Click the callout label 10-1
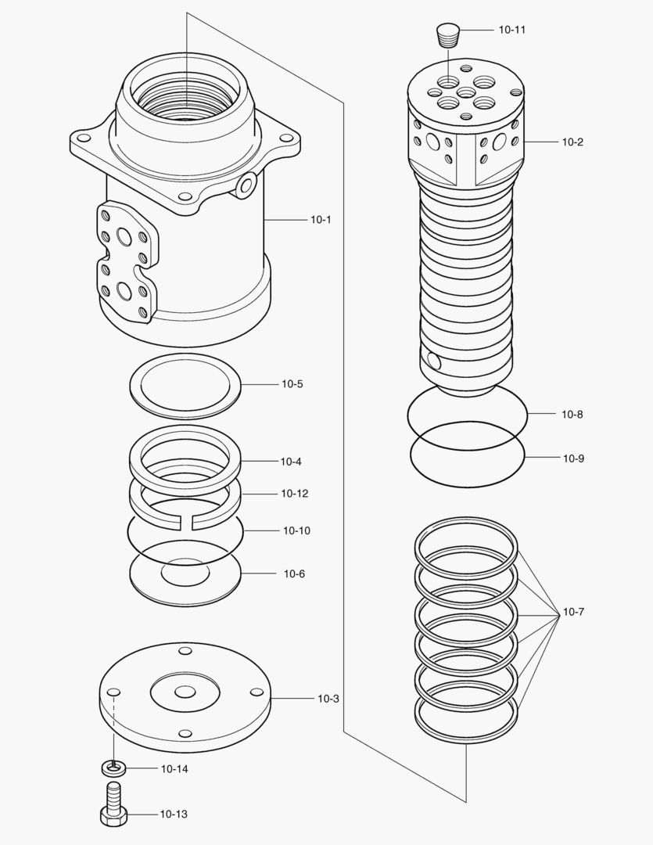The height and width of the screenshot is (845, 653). pos(321,220)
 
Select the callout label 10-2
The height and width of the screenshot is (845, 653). pos(572,142)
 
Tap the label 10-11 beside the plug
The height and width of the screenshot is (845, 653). pos(511,30)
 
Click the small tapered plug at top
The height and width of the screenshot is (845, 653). pos(448,35)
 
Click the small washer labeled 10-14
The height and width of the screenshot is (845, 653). pos(114,768)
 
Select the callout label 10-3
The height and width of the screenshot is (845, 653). pos(328,698)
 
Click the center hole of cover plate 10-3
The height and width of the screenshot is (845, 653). pos(185,692)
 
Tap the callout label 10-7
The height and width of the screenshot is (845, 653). pos(572,612)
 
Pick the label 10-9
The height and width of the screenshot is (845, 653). pos(573,458)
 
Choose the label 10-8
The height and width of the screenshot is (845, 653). pos(572,414)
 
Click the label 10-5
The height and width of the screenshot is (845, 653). pos(292,384)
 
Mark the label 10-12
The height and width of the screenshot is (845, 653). pos(294,494)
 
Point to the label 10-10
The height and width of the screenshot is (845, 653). pos(296,530)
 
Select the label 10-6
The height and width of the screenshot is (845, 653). pos(294,574)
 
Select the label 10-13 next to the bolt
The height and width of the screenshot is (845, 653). pos(174,814)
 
